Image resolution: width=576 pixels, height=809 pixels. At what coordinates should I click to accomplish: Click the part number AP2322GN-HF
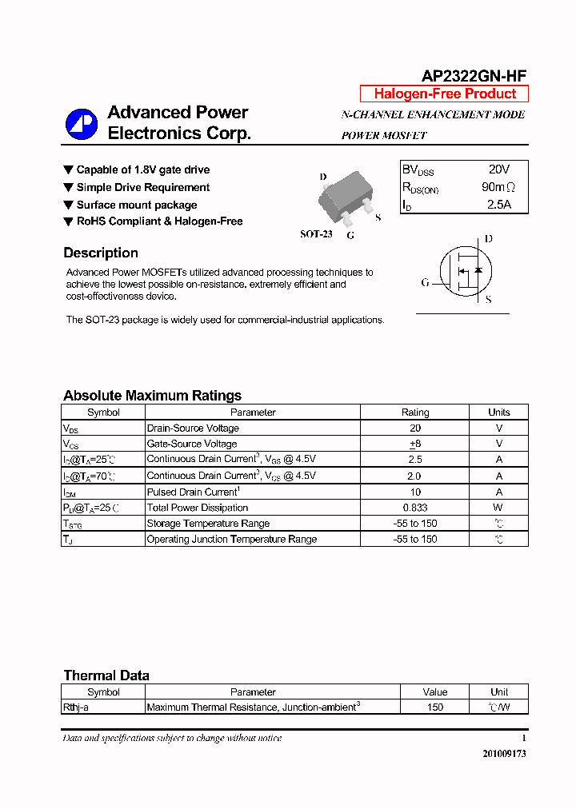click(474, 76)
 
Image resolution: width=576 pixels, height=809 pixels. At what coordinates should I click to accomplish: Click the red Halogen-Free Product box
click(444, 94)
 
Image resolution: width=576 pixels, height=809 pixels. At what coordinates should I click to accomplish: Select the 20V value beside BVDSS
click(498, 169)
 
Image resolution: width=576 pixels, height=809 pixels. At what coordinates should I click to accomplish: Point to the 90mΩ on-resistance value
click(498, 187)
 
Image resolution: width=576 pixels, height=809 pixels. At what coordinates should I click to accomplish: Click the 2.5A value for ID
click(498, 204)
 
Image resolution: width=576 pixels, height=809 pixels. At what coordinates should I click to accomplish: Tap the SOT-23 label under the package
click(316, 234)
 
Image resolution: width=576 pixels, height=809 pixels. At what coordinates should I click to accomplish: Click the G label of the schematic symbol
click(426, 282)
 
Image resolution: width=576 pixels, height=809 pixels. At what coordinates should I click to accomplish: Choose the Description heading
click(101, 253)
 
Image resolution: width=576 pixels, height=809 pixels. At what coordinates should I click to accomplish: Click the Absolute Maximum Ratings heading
click(152, 396)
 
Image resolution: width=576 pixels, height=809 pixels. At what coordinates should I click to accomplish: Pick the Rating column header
click(415, 412)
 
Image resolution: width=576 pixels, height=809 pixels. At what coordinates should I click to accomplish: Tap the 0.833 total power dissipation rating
click(415, 508)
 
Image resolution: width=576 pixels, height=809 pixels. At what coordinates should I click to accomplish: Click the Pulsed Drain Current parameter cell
click(193, 492)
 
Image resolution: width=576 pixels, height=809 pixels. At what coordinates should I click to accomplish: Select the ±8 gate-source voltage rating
click(415, 444)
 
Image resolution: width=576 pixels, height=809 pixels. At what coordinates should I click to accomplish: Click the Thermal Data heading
click(106, 675)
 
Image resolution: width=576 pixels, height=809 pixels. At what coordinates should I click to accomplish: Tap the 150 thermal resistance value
click(434, 707)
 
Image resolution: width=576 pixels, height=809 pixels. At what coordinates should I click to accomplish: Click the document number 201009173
click(504, 754)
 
